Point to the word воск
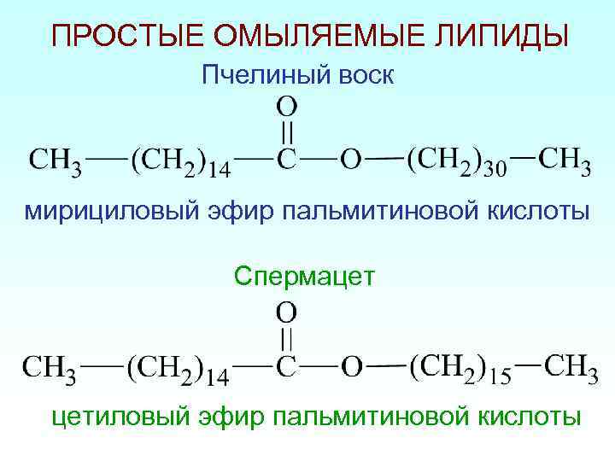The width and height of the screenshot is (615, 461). tap(359, 76)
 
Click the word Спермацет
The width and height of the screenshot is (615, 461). tap(303, 276)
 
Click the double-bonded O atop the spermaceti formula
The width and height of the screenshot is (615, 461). tap(287, 310)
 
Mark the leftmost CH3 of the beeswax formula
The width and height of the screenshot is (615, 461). tap(56, 160)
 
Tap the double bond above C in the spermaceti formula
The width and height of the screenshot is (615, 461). tap(287, 338)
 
